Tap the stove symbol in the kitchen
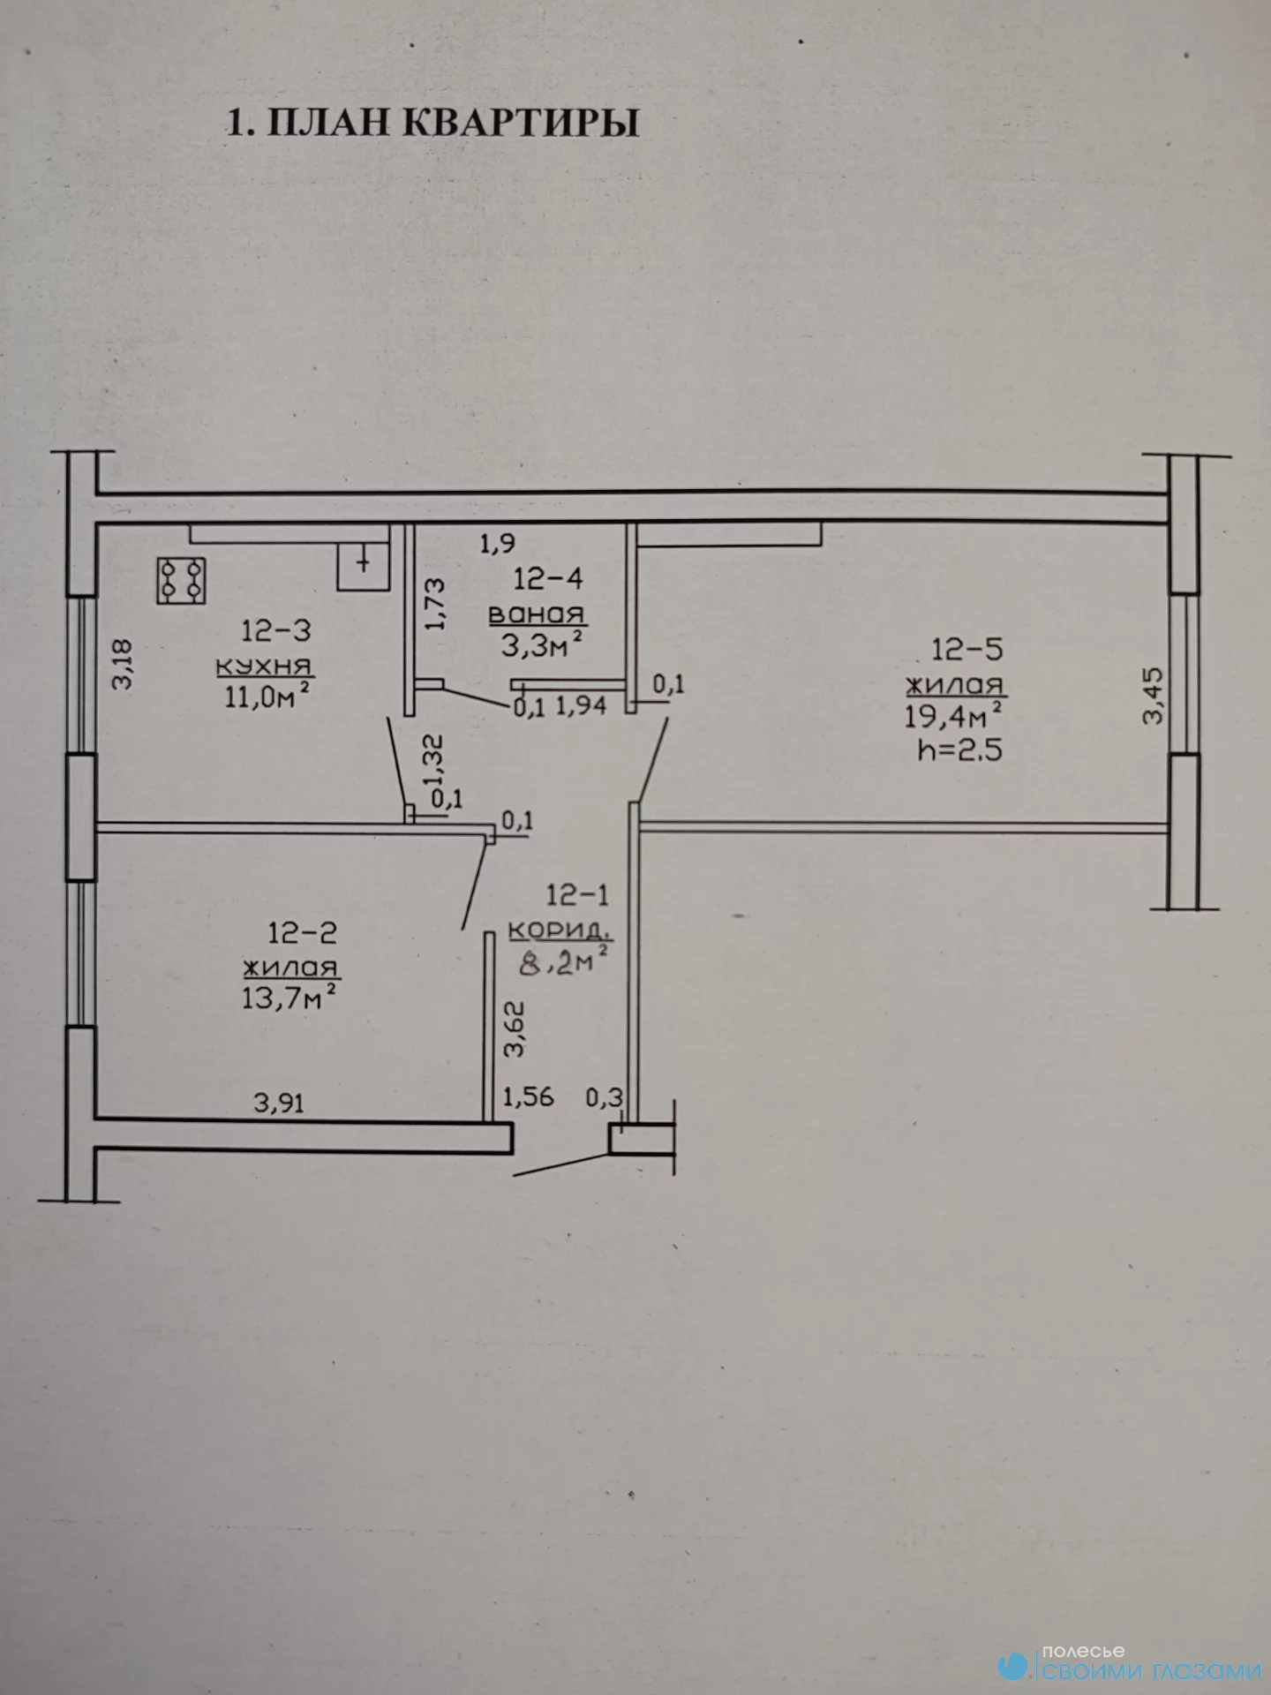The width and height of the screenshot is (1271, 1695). click(x=181, y=581)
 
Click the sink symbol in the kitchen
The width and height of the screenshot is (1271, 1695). click(x=363, y=566)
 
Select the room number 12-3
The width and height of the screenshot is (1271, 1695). click(x=276, y=631)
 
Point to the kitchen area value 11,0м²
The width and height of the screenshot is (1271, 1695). click(x=267, y=696)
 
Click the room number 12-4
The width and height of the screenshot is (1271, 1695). click(x=548, y=579)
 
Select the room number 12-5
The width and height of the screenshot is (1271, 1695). click(x=967, y=650)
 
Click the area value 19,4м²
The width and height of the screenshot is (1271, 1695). click(x=953, y=715)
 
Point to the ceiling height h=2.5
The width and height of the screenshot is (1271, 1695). click(x=960, y=750)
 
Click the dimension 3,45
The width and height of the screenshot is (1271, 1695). click(x=1154, y=696)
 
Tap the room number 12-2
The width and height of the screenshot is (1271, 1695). click(x=303, y=933)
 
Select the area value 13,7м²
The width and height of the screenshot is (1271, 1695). click(x=290, y=998)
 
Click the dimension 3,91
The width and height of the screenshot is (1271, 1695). click(x=279, y=1103)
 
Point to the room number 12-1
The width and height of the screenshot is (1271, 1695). click(x=577, y=895)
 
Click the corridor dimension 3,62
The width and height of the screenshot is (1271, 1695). click(x=514, y=1029)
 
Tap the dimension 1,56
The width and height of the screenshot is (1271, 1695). click(x=528, y=1097)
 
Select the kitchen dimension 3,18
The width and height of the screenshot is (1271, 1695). click(x=122, y=664)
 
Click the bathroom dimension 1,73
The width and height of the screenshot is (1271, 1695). click(x=435, y=604)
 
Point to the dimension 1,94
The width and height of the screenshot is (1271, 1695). click(x=582, y=705)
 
